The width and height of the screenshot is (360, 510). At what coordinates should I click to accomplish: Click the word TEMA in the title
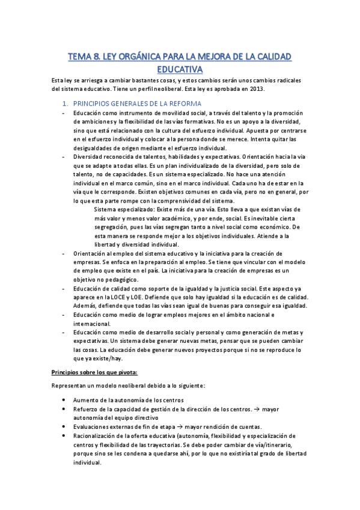point(79,57)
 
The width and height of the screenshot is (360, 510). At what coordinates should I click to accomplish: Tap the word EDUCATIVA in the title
point(180,70)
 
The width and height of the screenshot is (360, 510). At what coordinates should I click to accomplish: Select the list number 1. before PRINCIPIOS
point(66,103)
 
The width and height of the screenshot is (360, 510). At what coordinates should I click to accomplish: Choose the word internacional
point(93,323)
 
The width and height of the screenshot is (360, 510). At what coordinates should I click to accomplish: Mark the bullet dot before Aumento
point(65,400)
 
